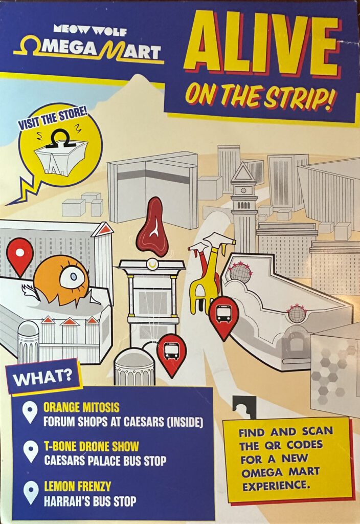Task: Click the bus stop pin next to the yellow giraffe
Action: [x=223, y=314]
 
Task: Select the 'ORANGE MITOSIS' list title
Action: [x=81, y=407]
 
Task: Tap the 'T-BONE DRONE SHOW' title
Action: [x=91, y=446]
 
